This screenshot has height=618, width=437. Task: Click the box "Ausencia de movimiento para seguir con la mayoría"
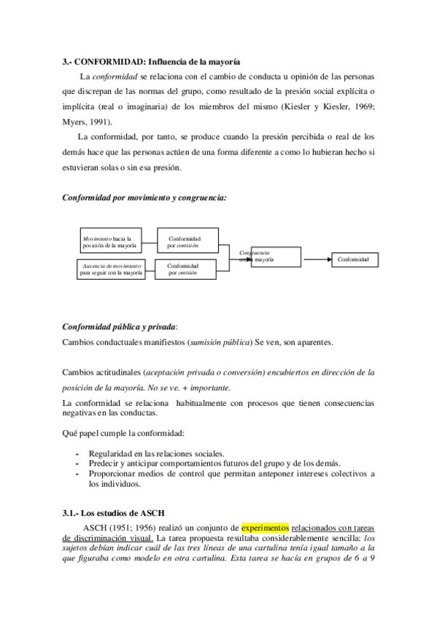(x=112, y=269)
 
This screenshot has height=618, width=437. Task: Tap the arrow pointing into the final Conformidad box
(x=316, y=259)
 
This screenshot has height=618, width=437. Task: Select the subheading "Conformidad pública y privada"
(x=120, y=326)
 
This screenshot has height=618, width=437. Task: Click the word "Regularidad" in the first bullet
(x=112, y=453)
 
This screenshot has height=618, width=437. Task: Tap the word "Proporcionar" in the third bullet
(x=112, y=474)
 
